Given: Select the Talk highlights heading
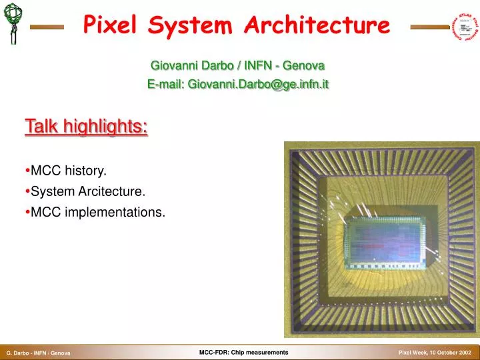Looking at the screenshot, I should (86, 125).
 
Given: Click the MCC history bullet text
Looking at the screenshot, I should (69, 171).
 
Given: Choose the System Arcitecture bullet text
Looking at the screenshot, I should (88, 191).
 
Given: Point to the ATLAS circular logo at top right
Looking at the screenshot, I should (467, 25).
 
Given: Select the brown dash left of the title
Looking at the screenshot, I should (47, 27).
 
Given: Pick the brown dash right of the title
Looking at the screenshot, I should (429, 27).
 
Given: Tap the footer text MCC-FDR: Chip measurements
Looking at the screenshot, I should (243, 352).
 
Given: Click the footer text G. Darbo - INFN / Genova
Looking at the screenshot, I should (39, 353).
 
